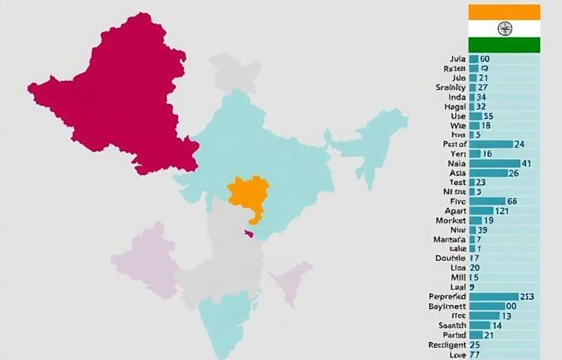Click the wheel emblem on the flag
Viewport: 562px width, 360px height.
(x=504, y=28)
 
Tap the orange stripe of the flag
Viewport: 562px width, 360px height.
(x=504, y=12)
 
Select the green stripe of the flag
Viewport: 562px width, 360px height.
(x=504, y=44)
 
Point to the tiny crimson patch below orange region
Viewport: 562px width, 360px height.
(x=248, y=233)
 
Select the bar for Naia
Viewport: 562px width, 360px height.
(x=494, y=163)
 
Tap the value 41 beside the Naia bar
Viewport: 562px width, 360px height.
(x=526, y=163)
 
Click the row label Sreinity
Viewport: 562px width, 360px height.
(x=450, y=87)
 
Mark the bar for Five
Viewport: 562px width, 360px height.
(x=486, y=201)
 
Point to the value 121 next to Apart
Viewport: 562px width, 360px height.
(x=502, y=211)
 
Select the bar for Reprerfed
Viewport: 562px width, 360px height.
(x=493, y=297)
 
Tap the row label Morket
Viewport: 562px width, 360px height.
(x=451, y=220)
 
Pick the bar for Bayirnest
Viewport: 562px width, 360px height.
(x=487, y=307)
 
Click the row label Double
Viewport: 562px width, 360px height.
(x=451, y=258)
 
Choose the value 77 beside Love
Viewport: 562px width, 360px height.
(x=475, y=354)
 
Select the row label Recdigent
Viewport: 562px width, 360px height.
(x=447, y=345)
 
